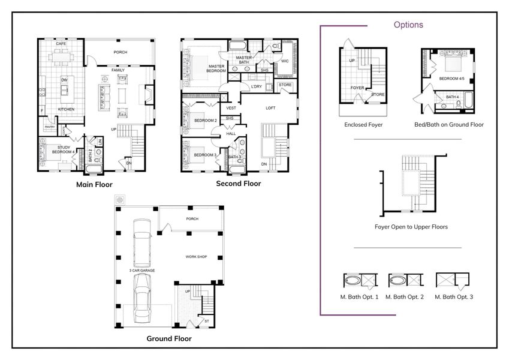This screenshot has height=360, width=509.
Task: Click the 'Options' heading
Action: click(408, 25)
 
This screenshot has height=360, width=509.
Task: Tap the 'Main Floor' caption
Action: click(94, 184)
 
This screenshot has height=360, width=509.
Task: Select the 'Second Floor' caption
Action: click(238, 184)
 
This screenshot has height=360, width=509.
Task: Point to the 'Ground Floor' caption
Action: click(169, 338)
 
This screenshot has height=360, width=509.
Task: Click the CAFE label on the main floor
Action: click(61, 44)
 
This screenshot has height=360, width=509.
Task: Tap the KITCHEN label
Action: click(66, 109)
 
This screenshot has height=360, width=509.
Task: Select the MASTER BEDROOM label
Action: click(216, 68)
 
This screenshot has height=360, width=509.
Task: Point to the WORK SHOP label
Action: click(196, 256)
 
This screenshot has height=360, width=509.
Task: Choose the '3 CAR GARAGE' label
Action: click(141, 271)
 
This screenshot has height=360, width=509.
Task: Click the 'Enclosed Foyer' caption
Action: click(363, 125)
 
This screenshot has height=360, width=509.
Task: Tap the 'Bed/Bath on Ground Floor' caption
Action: click(448, 125)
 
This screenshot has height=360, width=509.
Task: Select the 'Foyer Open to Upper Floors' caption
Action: click(411, 227)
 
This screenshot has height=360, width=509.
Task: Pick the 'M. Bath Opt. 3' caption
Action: click(454, 296)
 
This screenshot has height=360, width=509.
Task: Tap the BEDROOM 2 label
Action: click(206, 121)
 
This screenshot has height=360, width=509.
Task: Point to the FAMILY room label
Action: click(118, 70)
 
